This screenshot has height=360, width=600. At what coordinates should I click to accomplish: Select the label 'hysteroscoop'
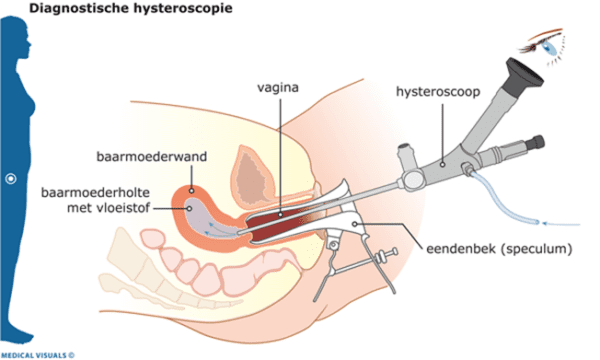coord(433,91)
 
